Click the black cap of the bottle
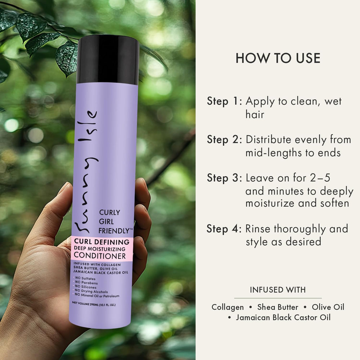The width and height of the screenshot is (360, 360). point(108,60)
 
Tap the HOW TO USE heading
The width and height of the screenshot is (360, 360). point(278,58)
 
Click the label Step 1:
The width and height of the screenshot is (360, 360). point(224,101)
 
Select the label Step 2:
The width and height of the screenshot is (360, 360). point(224,139)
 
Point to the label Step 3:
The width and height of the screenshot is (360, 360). point(224,178)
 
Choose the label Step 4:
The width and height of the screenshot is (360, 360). point(224,229)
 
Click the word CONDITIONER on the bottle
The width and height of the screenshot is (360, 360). point(100,256)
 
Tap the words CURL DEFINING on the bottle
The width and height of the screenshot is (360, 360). point(102,242)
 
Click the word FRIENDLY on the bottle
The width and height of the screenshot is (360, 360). point(114,231)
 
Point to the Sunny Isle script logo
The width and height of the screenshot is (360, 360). point(86,171)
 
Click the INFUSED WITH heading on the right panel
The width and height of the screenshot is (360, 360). point(278,290)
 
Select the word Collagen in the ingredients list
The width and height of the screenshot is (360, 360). point(228,307)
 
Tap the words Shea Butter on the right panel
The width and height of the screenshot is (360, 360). point(278,307)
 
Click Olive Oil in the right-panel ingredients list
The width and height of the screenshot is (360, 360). point(328,307)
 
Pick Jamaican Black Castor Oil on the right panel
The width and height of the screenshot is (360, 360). point(283,318)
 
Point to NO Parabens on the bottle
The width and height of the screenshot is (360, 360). point(86,283)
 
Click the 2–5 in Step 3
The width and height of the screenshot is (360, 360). point(320,178)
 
